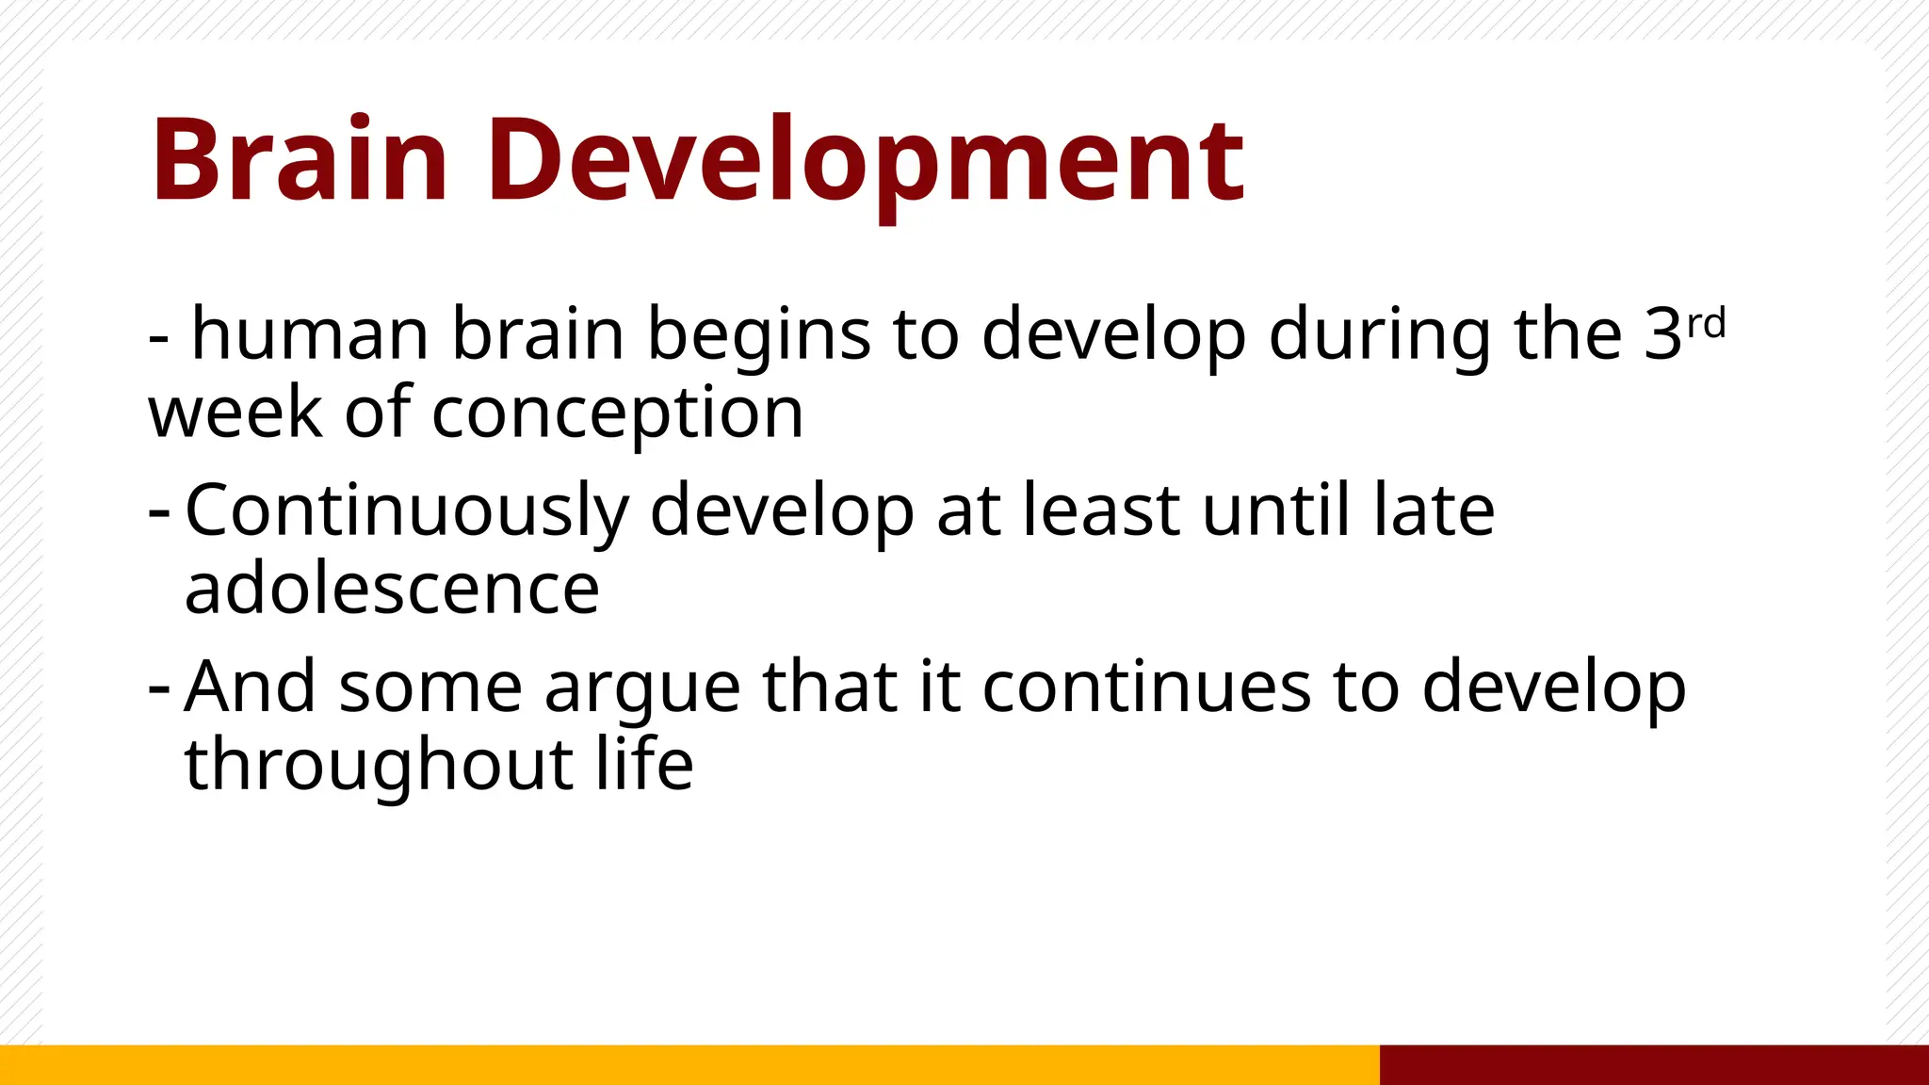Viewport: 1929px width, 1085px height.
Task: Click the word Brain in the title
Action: pos(299,160)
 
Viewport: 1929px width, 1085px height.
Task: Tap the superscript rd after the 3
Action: pos(1706,324)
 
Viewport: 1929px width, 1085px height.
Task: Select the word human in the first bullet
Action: pos(311,333)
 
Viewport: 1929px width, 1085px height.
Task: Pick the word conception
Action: pos(617,413)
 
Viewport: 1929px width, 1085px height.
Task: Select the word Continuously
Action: pos(407,511)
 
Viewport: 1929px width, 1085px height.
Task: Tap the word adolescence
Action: pos(392,589)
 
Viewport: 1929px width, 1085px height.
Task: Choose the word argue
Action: pos(641,688)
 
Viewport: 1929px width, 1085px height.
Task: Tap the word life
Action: pos(644,764)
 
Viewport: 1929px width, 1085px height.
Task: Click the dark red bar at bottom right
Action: pos(1653,1064)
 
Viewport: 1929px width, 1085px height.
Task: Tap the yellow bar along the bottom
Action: pos(688,1064)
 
